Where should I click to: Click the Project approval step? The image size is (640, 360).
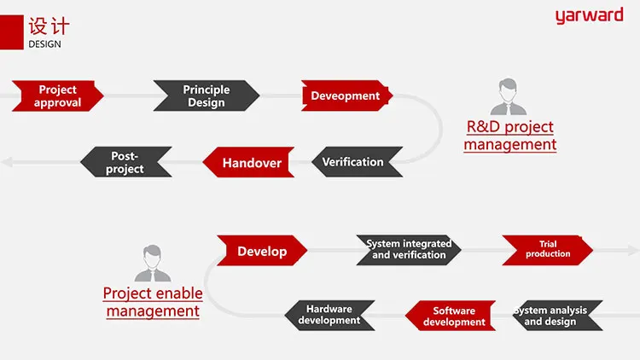(x=58, y=96)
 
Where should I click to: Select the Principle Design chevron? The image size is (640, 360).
(x=206, y=96)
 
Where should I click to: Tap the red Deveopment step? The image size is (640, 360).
(x=346, y=96)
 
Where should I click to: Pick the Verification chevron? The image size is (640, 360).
(x=353, y=161)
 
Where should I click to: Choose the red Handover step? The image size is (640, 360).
(x=250, y=162)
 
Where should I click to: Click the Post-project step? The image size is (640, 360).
(x=125, y=162)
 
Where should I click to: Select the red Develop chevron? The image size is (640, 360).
(x=262, y=251)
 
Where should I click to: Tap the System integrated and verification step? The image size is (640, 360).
(x=409, y=249)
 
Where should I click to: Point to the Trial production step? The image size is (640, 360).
(x=547, y=249)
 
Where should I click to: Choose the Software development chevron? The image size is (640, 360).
(x=453, y=316)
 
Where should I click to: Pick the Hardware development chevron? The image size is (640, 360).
(x=329, y=315)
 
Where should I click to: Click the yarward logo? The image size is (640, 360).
(x=589, y=16)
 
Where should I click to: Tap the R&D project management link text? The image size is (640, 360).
(x=509, y=136)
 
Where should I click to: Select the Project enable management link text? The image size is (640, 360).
(x=153, y=302)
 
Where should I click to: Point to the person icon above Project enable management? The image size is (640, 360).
(x=152, y=264)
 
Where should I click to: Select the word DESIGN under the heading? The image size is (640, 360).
(x=44, y=44)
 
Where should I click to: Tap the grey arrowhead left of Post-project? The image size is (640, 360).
(x=7, y=162)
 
